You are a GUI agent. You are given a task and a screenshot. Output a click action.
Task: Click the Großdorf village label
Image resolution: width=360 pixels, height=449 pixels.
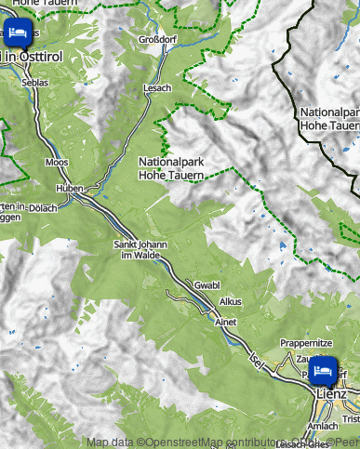tap(157, 40)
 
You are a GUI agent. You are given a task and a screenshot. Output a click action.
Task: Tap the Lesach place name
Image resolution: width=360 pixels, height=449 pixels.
tap(157, 87)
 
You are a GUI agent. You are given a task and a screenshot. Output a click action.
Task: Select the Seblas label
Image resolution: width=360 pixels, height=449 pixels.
tap(35, 80)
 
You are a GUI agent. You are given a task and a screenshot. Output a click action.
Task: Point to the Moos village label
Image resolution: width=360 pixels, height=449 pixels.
tap(57, 163)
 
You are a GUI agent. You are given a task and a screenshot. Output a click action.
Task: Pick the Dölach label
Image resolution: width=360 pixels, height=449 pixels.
tap(44, 207)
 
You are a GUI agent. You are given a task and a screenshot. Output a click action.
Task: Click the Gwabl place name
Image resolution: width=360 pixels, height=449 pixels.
tap(207, 284)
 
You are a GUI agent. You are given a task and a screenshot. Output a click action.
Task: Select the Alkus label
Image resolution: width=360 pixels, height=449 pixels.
tap(230, 303)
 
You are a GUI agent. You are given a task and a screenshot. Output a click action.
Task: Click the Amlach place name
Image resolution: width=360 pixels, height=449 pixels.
tap(322, 426)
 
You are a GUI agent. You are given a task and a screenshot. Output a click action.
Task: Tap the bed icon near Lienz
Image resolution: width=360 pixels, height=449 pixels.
tap(323, 369)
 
